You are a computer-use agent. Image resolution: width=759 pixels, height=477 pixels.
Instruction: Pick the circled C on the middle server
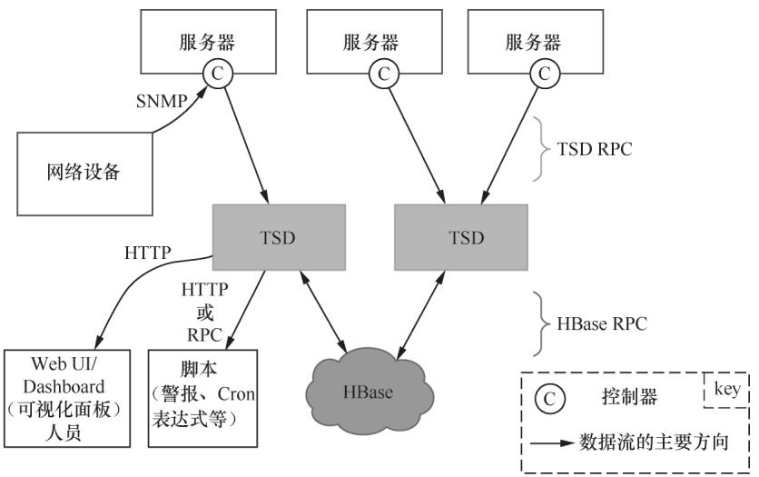(x=383, y=73)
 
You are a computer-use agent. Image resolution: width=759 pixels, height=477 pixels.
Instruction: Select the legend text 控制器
(x=628, y=398)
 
